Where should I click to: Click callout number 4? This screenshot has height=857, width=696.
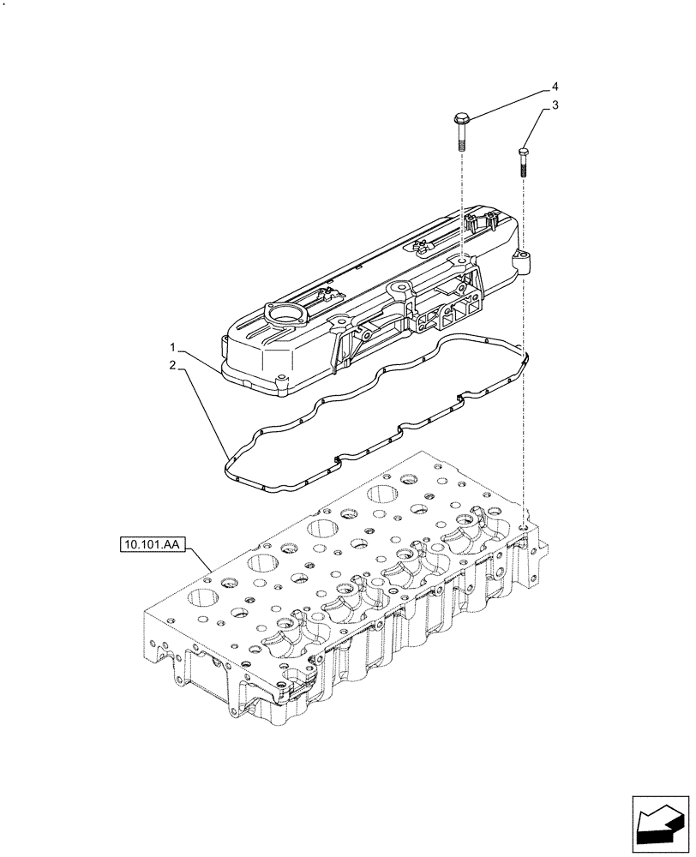(555, 87)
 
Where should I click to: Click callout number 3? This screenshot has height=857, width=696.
(555, 105)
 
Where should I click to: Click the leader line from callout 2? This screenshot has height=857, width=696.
(204, 412)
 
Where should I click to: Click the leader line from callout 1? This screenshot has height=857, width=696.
(201, 359)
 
